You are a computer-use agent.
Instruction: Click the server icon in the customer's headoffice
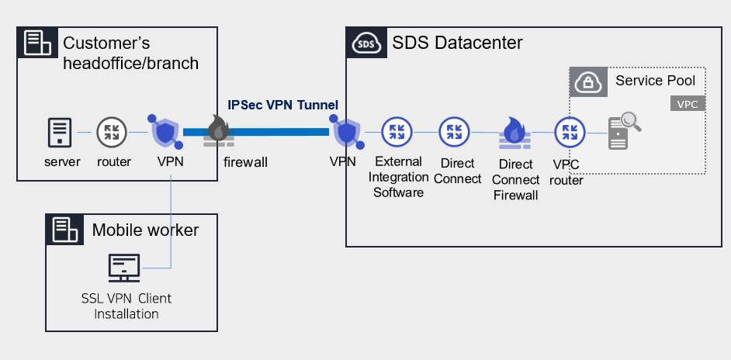point(61,132)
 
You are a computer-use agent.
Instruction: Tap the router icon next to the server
point(109,132)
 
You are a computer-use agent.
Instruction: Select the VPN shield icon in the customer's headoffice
point(165,133)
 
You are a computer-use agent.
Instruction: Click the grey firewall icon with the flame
point(219,132)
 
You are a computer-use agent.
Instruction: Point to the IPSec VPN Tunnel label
point(282,105)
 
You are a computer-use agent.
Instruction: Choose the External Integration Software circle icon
point(397,132)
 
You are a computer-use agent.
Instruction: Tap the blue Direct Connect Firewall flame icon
point(512,133)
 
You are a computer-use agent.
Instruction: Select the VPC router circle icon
point(567,132)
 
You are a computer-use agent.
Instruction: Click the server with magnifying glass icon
point(622,131)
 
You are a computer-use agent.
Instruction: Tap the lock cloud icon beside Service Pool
point(588,81)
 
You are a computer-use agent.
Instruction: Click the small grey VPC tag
point(687,104)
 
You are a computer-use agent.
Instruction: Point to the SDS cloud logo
point(365,43)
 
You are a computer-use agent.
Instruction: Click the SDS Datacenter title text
point(457,43)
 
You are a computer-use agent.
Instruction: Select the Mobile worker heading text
point(145,230)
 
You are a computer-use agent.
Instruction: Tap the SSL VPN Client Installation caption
point(126,306)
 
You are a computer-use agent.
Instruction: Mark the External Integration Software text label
point(398,177)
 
